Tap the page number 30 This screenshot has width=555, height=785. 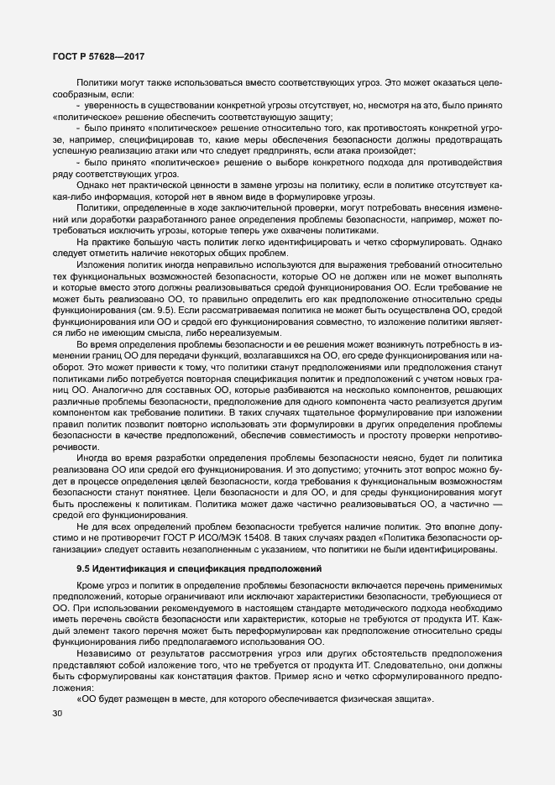(57, 714)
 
